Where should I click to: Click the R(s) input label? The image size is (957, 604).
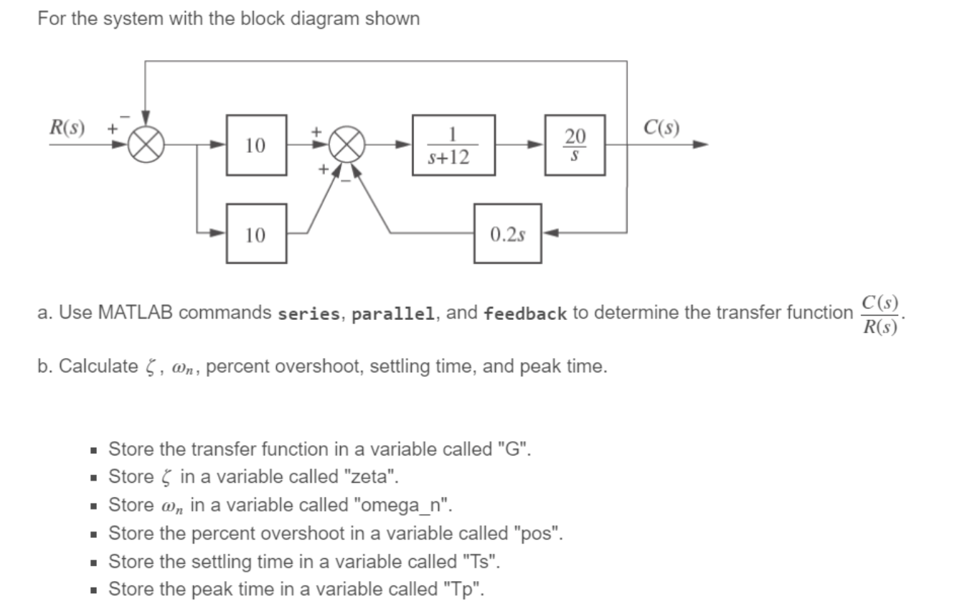click(66, 129)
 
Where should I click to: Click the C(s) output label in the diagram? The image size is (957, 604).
click(661, 129)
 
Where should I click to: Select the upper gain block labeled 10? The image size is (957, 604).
click(257, 145)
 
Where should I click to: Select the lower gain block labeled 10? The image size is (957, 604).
click(257, 234)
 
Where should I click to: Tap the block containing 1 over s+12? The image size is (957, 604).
click(453, 146)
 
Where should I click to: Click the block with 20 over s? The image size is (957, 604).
click(575, 146)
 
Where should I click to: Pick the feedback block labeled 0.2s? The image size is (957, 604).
click(507, 234)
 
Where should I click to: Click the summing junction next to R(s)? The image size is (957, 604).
click(146, 146)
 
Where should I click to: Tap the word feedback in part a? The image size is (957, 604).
click(525, 313)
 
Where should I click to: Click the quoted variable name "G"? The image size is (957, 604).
click(515, 450)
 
